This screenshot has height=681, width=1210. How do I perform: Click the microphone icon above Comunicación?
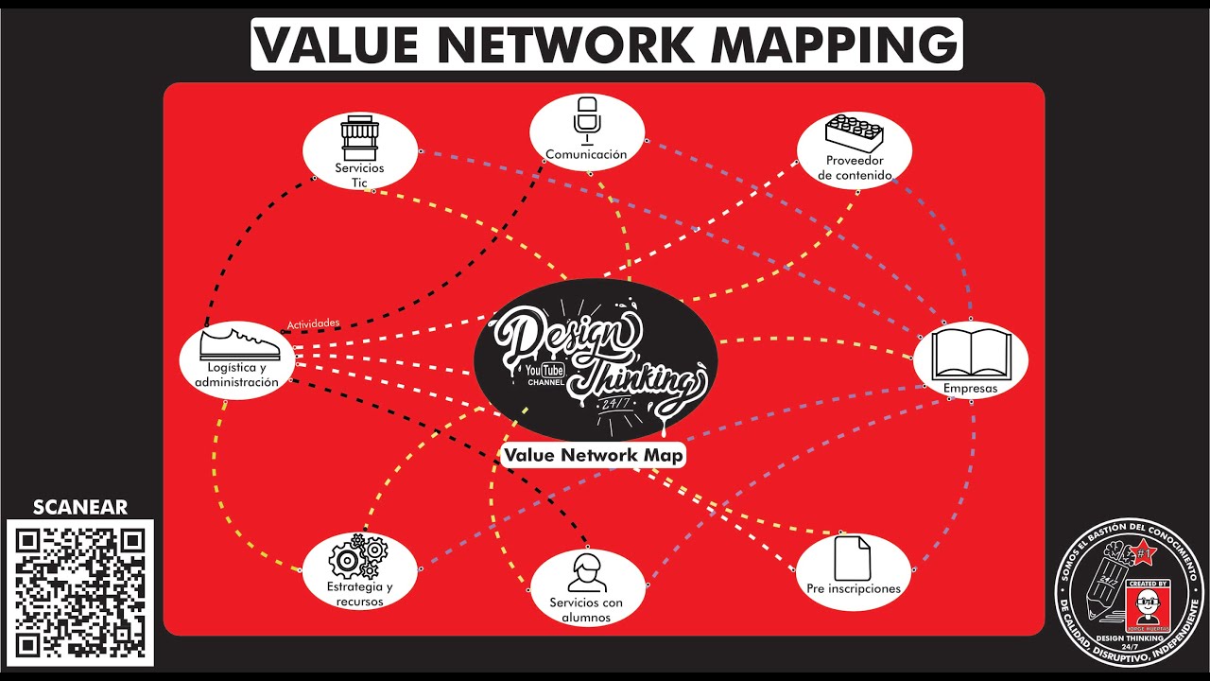pos(587,117)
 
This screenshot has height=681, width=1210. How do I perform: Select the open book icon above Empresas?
pos(971,353)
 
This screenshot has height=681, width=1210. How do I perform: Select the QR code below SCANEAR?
pos(79,592)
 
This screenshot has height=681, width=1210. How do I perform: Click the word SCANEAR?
pos(79,508)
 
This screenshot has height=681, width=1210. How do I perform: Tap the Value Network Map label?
pos(594,455)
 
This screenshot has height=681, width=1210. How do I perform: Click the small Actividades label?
pos(313,323)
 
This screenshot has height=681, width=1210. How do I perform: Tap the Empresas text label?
pos(971,388)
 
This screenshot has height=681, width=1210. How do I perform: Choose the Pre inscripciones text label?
pos(854,588)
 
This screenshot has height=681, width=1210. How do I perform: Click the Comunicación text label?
pos(586,154)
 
